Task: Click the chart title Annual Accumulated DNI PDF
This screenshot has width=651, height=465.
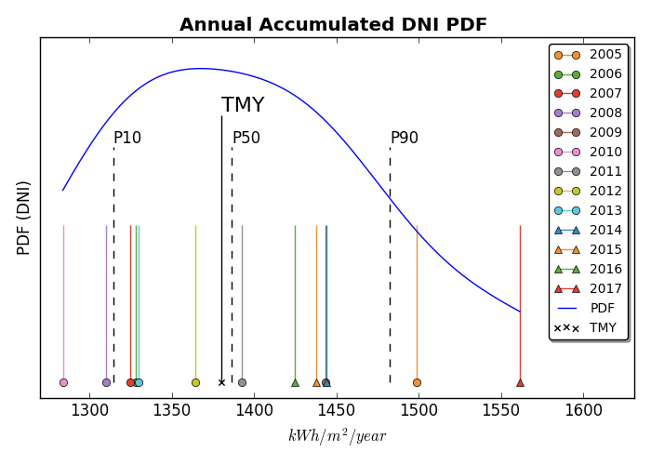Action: pos(333,25)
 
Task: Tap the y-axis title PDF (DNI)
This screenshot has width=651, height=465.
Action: pos(24,218)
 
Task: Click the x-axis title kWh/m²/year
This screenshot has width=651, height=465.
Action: pos(337,436)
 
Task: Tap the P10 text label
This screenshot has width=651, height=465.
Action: pos(127,139)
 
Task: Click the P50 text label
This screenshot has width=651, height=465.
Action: pos(246,139)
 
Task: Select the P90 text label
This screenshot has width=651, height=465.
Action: pos(405,139)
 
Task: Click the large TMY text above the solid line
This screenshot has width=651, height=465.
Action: pos(243,106)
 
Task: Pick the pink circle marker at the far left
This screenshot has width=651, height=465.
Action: pos(63,382)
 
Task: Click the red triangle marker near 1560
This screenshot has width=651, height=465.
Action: pos(520,382)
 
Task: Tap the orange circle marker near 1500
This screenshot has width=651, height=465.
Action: pos(417,382)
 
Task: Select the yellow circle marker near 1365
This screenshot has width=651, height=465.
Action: pos(195,382)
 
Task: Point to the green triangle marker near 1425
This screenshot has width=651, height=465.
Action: pos(295,382)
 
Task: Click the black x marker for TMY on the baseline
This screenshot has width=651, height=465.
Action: pos(221,382)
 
